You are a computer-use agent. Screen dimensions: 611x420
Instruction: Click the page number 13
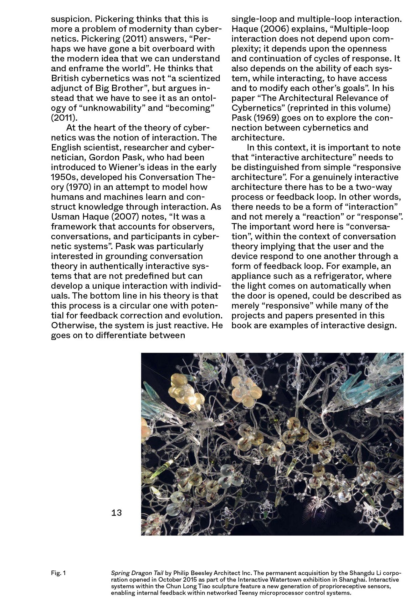tap(117, 513)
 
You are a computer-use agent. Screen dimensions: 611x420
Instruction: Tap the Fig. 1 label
tap(58, 573)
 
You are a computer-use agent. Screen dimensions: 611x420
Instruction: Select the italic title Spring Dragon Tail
tap(137, 573)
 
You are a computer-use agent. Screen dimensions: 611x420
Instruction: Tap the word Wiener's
tap(129, 167)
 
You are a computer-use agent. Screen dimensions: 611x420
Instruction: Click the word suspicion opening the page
tap(70, 19)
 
